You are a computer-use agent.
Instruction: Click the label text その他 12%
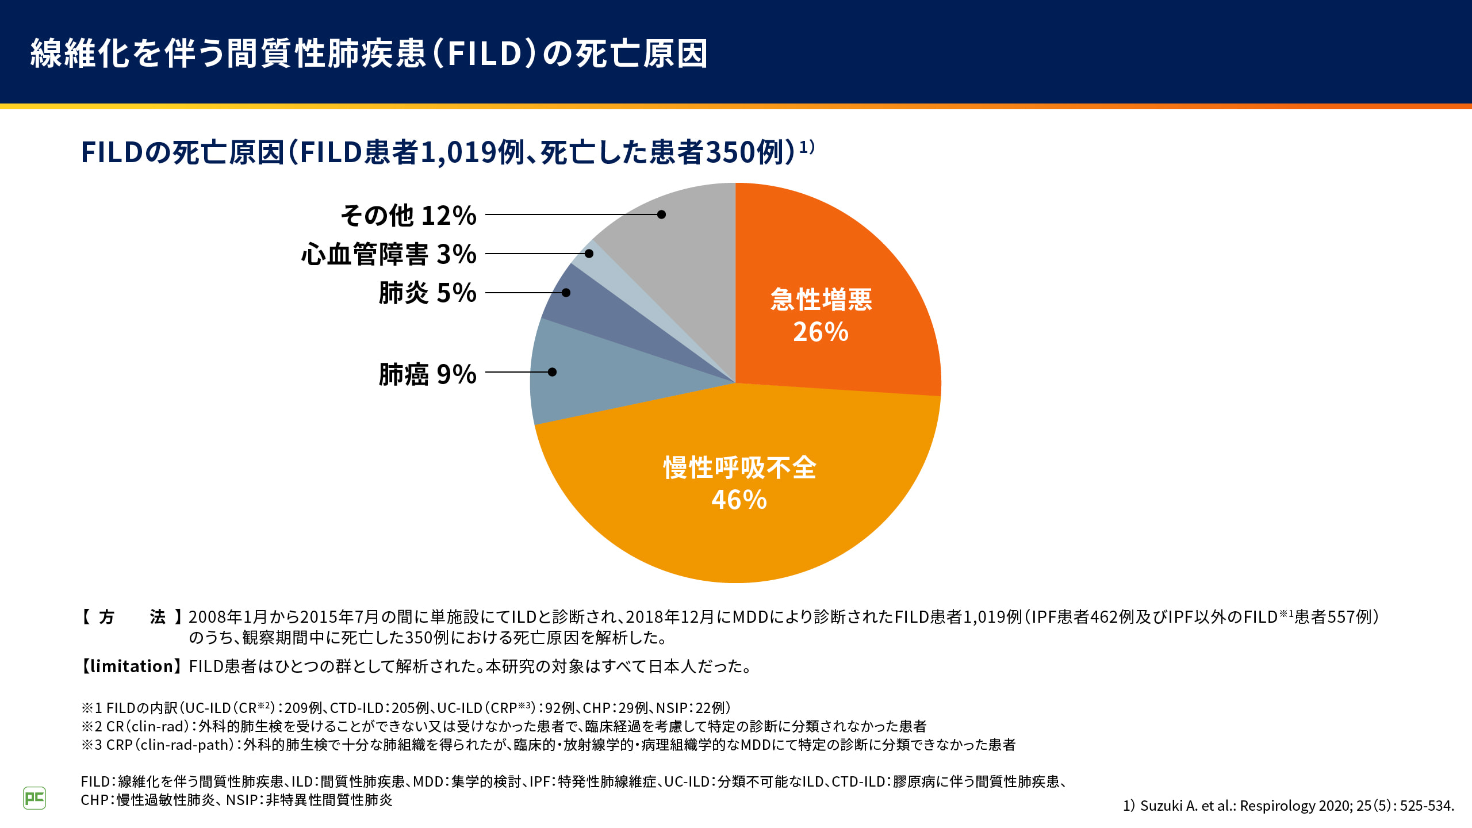click(408, 216)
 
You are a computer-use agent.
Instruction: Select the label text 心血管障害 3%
click(389, 254)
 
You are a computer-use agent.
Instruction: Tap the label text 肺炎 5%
click(427, 293)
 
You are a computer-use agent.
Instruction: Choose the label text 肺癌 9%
click(427, 374)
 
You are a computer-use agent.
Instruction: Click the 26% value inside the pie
click(821, 332)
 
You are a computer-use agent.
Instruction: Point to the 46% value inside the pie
click(739, 500)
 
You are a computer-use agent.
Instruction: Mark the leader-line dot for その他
click(661, 214)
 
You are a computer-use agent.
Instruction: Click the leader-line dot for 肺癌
click(552, 372)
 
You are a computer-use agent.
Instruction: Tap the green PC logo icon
click(34, 798)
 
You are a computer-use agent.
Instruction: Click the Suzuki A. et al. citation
click(1288, 806)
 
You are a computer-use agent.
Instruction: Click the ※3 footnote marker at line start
click(91, 745)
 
